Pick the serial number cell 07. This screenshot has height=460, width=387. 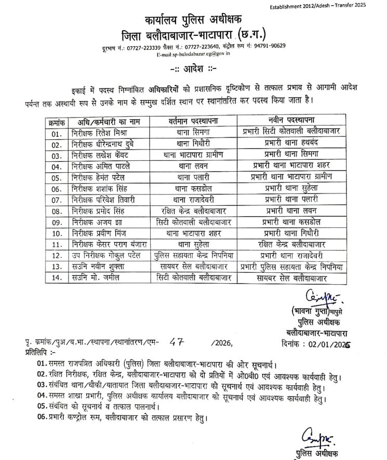54,199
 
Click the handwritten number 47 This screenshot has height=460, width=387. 178,342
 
